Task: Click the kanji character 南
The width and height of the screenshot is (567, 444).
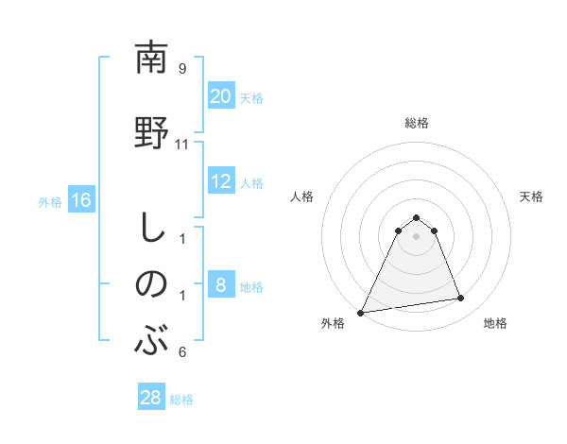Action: coord(151,58)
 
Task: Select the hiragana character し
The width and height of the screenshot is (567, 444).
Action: coord(151,228)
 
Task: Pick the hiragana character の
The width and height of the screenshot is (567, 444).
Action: coord(151,283)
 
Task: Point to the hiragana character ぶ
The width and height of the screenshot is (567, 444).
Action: coord(151,341)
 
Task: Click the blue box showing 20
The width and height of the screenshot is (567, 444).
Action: coord(221,96)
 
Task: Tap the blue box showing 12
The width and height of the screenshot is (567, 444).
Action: coord(221,181)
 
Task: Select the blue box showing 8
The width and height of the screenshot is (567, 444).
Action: coord(221,285)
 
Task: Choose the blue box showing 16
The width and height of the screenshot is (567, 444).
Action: coord(80,200)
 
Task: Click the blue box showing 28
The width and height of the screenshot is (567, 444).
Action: coord(151,398)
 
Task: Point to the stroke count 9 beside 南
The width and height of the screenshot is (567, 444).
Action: coord(182,69)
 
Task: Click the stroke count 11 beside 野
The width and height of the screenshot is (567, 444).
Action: coord(182,145)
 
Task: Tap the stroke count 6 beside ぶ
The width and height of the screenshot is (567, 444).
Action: coord(182,352)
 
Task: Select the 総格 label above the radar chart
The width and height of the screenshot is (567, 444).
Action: coord(416,123)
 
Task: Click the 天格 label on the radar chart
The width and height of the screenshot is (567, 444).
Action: coord(531,196)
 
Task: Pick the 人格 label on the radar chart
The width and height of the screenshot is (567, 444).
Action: coord(301,196)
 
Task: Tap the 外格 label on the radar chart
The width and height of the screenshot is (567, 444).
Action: coord(333,323)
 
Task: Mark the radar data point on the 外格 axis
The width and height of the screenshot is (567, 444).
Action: coord(361,312)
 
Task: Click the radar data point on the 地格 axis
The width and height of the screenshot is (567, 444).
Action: coord(461,299)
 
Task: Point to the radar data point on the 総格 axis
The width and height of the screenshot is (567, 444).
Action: coord(416,218)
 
